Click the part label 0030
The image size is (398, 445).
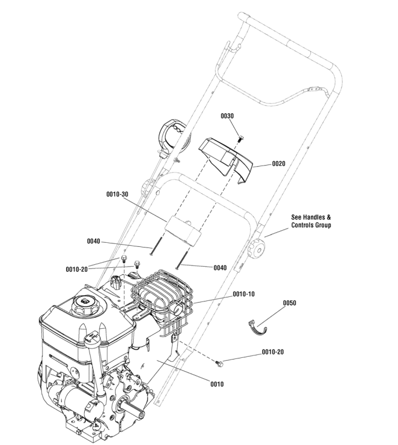227,116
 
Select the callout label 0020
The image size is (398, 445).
278,164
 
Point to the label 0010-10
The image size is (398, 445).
243,295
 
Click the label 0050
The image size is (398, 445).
289,303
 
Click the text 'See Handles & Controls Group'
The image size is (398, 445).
310,221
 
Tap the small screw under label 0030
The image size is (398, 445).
242,138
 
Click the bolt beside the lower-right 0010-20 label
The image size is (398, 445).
220,364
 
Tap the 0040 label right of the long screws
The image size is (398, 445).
220,268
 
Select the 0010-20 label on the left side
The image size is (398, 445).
77,270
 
